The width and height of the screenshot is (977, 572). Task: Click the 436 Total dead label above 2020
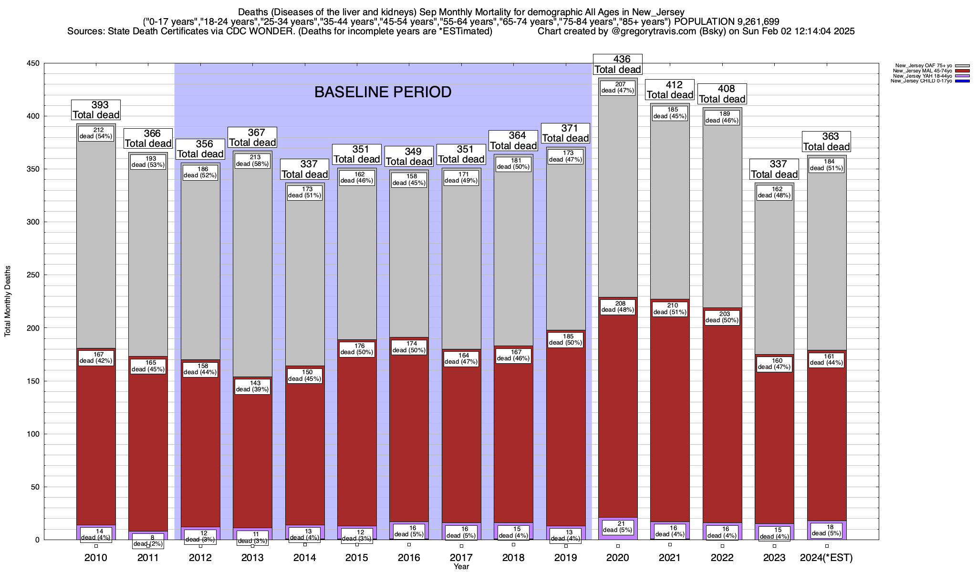(x=617, y=64)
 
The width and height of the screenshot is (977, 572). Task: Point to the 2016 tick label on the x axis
(x=409, y=558)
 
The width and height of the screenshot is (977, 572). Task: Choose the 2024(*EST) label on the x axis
(x=826, y=558)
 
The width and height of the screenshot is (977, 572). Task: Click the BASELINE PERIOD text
(x=383, y=92)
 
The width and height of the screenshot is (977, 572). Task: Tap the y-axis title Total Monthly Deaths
(x=8, y=301)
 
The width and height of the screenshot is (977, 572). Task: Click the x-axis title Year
(x=461, y=567)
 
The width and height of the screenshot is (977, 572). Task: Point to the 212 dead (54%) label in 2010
(x=96, y=133)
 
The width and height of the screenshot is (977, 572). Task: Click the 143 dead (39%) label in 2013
(x=253, y=386)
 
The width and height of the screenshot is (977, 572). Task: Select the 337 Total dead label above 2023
(x=774, y=169)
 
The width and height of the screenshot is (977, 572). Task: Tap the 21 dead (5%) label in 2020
(x=617, y=526)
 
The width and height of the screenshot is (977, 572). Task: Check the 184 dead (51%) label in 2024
(x=826, y=165)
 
